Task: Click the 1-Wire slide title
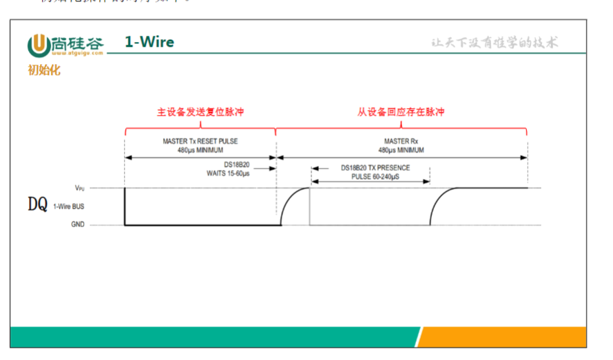click(149, 42)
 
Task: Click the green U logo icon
click(37, 45)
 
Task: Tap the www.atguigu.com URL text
click(76, 52)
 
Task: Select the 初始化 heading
click(44, 70)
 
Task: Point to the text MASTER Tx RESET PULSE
click(200, 141)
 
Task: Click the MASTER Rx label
click(401, 141)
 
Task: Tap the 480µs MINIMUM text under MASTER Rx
click(401, 149)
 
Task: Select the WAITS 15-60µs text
click(228, 173)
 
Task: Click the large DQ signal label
click(37, 204)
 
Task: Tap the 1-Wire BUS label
click(69, 206)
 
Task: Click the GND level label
click(78, 224)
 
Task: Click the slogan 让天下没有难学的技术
click(495, 43)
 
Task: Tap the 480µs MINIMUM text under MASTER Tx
click(200, 149)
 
